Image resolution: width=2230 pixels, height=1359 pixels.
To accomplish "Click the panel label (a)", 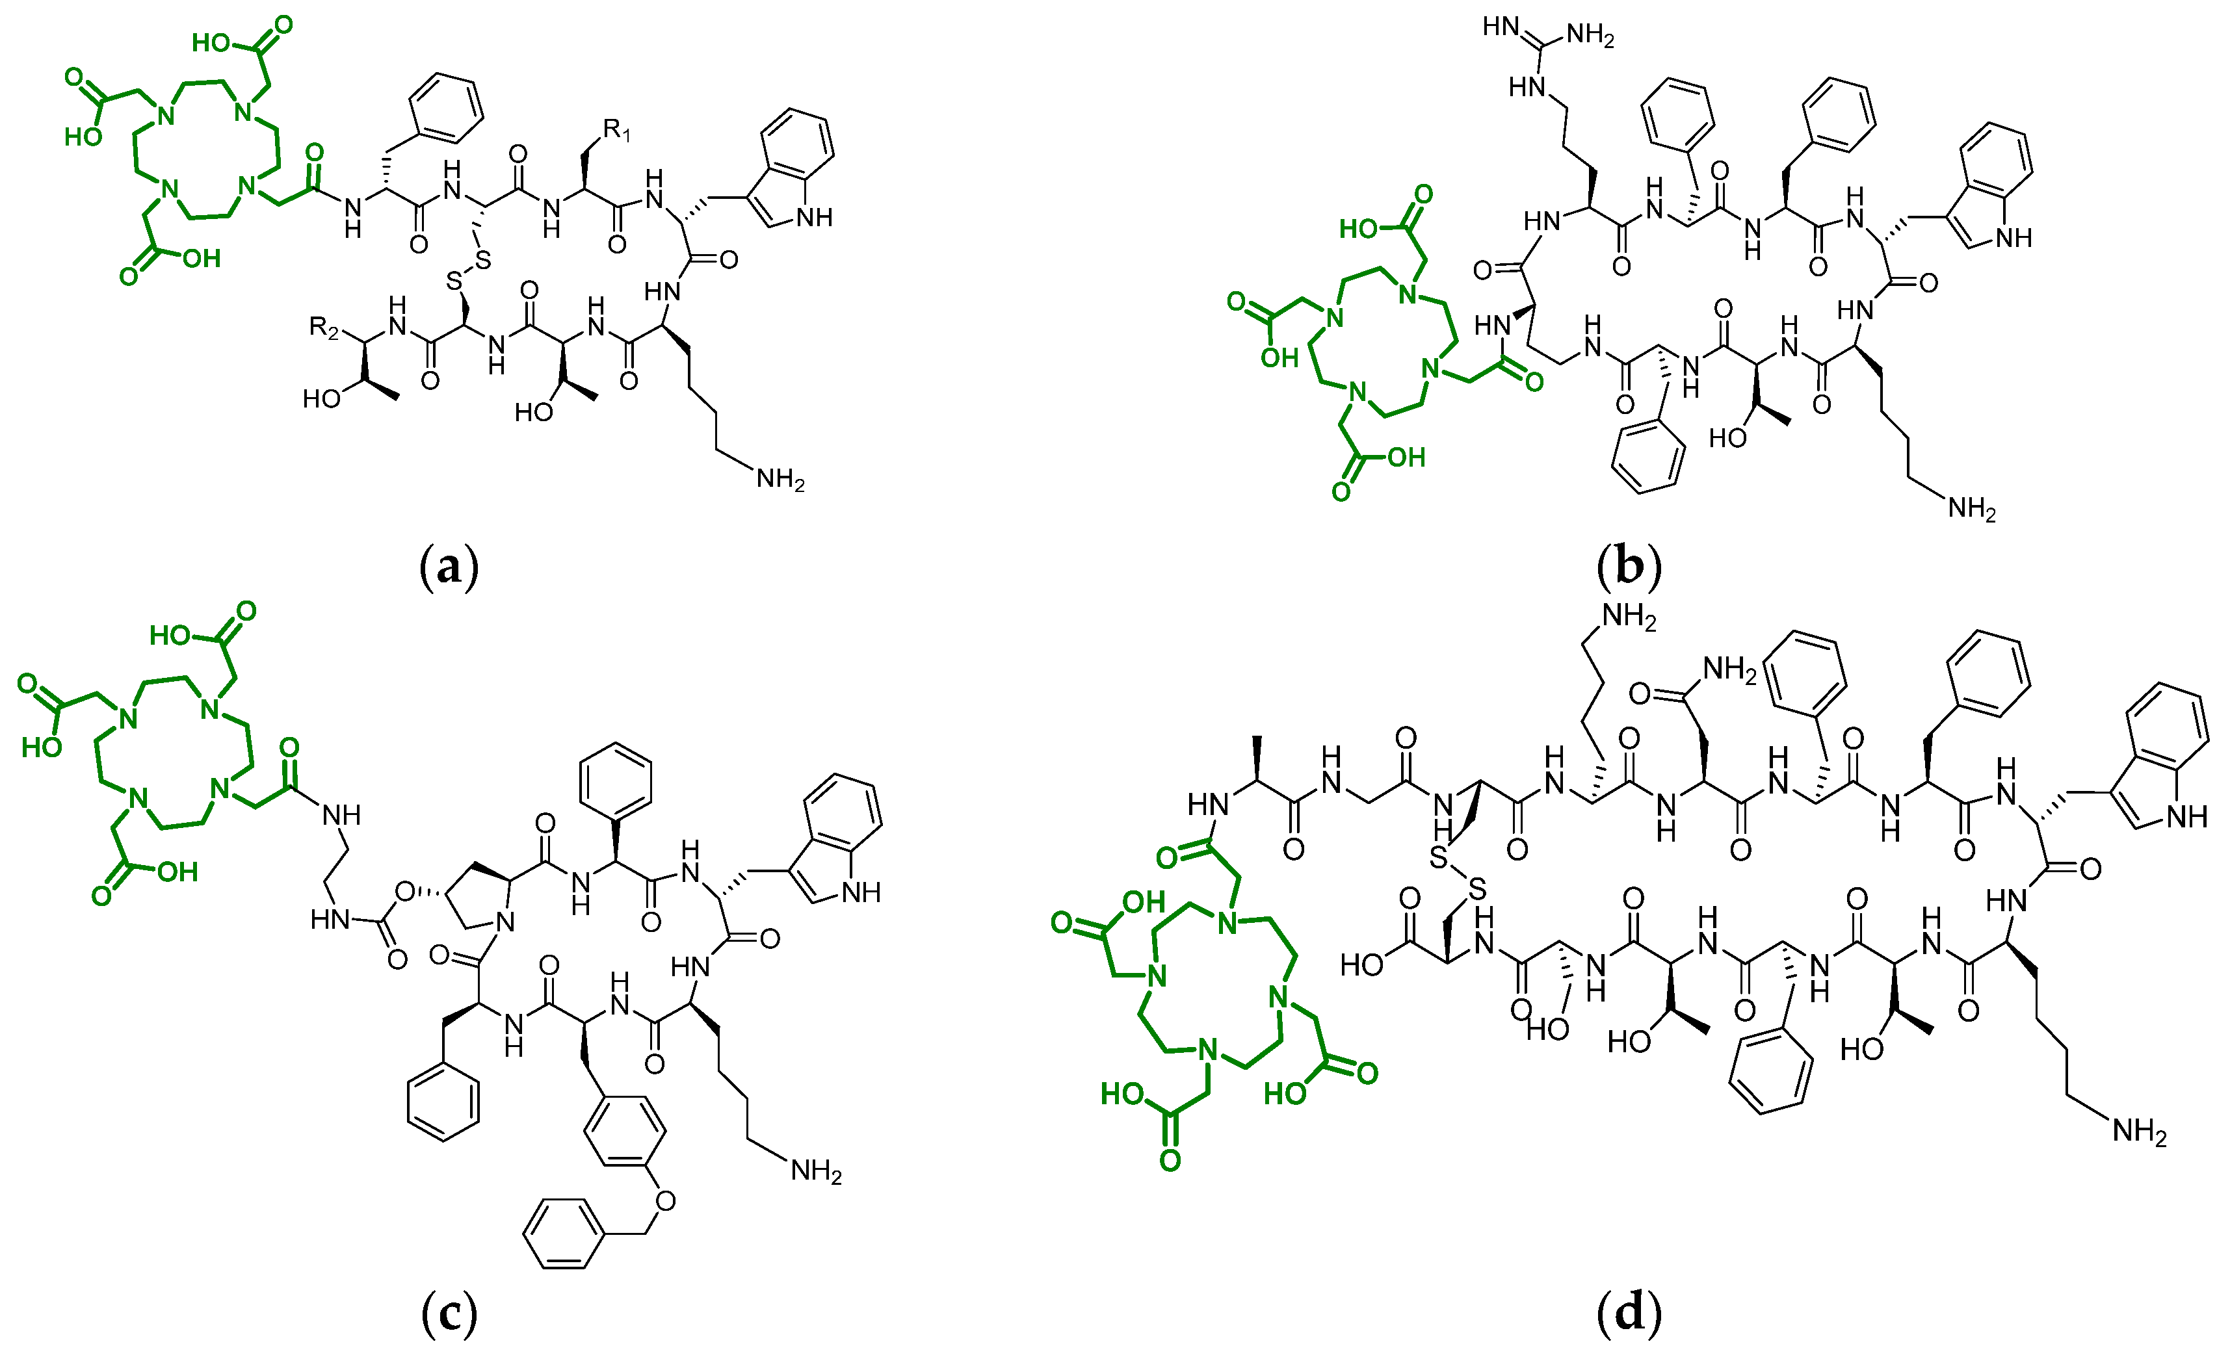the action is (x=449, y=567).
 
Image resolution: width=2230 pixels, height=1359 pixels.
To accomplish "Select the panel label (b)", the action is (x=1629, y=567).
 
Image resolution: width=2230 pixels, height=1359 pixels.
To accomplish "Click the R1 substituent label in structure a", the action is (x=617, y=131).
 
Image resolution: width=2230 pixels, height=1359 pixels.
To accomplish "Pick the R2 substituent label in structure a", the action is (x=323, y=327).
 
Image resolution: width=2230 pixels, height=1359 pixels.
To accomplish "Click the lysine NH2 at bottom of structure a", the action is (x=780, y=480).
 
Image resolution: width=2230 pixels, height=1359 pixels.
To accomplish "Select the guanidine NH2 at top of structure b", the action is (x=1590, y=36).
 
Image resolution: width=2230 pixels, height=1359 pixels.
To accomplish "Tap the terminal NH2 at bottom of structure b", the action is (x=1971, y=510).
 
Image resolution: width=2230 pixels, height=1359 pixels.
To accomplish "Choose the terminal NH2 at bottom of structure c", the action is (x=815, y=1172).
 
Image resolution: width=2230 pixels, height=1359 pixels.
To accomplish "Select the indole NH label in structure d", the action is (x=2186, y=818).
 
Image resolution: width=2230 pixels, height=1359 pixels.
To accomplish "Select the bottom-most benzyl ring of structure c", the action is (x=564, y=1234).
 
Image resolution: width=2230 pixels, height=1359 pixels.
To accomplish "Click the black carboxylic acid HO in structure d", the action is (x=1361, y=964).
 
